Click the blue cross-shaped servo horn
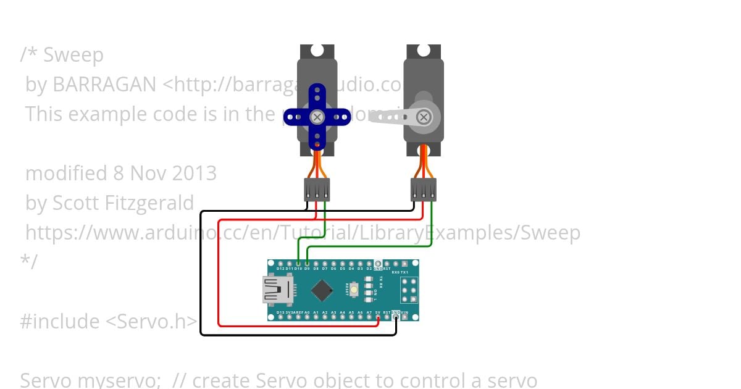317,116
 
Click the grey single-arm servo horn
395,116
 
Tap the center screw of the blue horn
317,117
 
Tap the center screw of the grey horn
424,117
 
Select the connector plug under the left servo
317,190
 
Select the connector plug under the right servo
424,190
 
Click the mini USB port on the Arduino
276,290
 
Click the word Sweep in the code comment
73,55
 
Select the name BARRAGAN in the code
104,85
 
